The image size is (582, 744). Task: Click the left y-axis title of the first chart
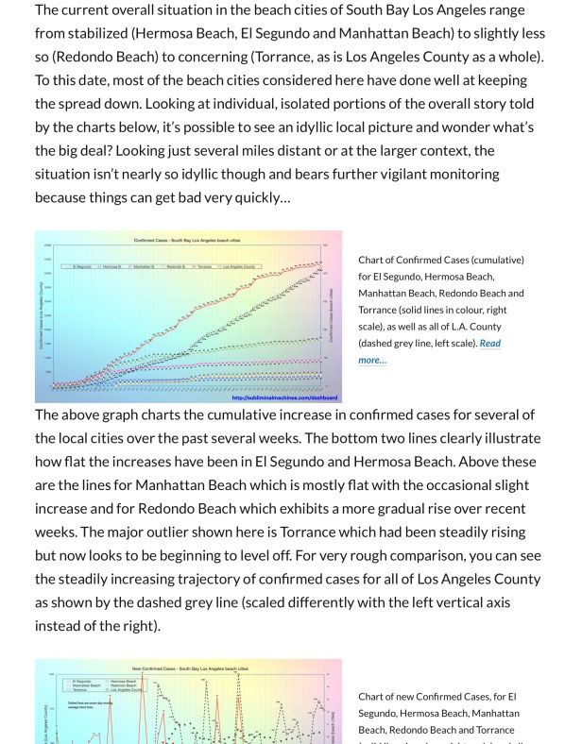[x=42, y=316]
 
